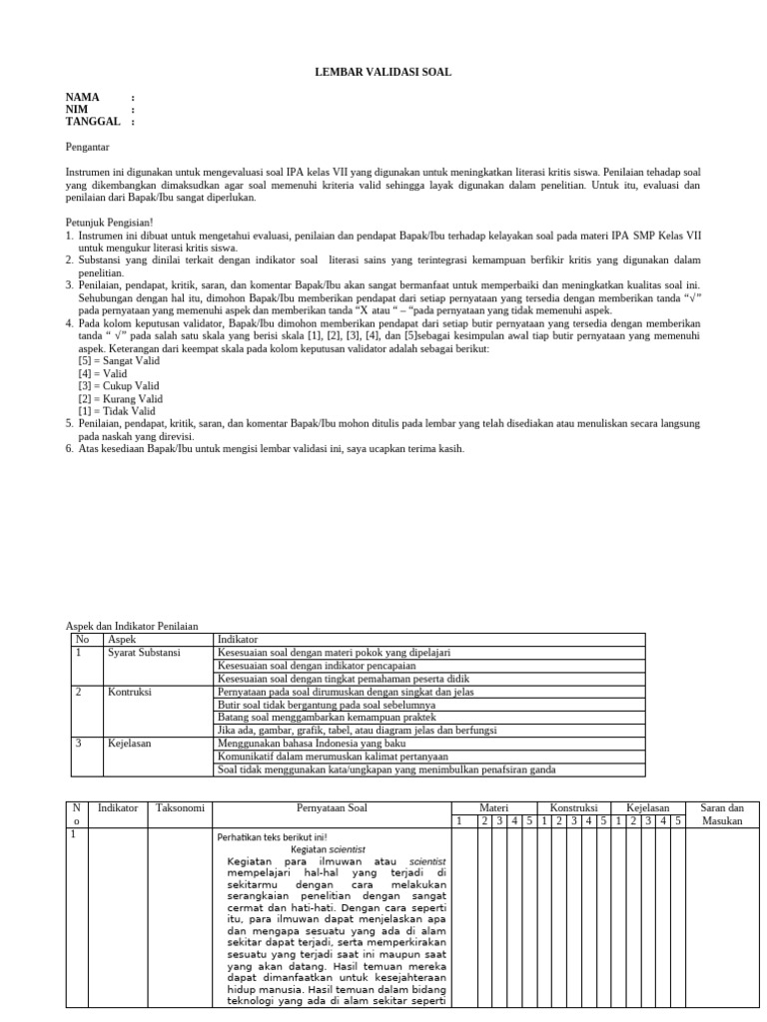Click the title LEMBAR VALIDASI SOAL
pos(383,72)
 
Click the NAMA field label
pos(83,97)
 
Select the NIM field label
pos(77,109)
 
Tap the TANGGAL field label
pos(93,121)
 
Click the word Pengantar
pos(89,146)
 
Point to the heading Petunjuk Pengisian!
pos(110,222)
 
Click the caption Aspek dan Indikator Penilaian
pos(132,625)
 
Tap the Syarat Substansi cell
pos(144,652)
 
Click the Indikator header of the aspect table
pos(238,638)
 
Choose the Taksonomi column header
pos(180,807)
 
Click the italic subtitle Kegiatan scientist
pos(332,848)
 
